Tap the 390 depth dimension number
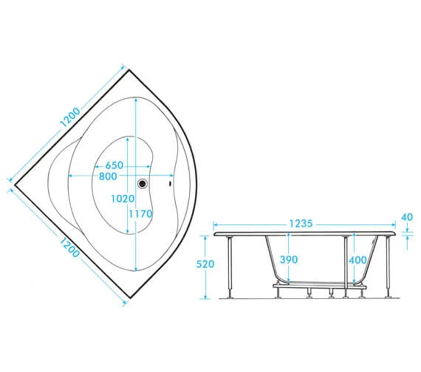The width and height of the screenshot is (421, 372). pyautogui.click(x=289, y=260)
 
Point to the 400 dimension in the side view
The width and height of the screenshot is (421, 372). pyautogui.click(x=359, y=260)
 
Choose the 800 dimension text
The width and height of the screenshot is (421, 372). pyautogui.click(x=109, y=177)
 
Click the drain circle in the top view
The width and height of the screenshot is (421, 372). pyautogui.click(x=143, y=185)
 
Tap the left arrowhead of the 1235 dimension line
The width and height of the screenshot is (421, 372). pyautogui.click(x=216, y=224)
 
